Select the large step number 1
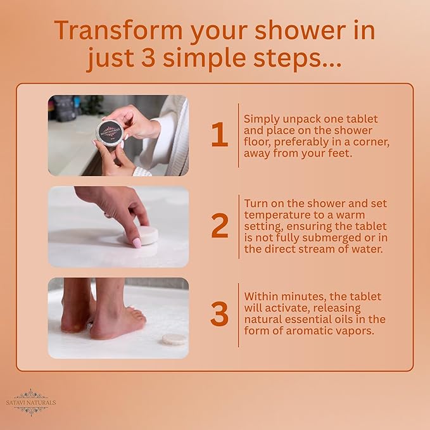pos(219,135)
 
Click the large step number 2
pos(219,226)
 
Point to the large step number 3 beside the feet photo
pos(219,315)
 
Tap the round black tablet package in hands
pos(108,132)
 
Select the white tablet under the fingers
pos(144,236)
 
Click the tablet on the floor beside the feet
pos(174,338)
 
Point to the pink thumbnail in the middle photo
pos(136,242)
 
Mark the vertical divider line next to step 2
pos(239,226)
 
